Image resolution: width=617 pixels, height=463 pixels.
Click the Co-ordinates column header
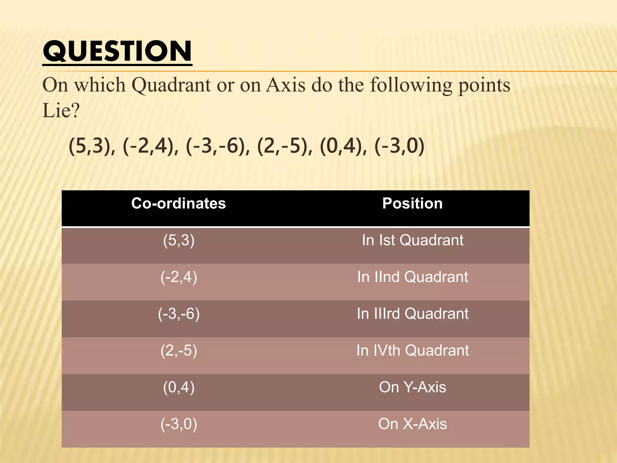pos(178,203)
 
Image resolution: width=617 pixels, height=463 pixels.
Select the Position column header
pos(412,203)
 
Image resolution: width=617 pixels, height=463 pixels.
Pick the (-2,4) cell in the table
pos(179,277)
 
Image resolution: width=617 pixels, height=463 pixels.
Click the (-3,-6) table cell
pos(179,314)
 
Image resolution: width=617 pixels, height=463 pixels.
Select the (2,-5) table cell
pos(179,351)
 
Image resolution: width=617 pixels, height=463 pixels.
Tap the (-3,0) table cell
pos(179,424)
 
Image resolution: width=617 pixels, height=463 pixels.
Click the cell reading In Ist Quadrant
pos(412,240)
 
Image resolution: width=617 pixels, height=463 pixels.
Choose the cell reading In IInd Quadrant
pos(412,277)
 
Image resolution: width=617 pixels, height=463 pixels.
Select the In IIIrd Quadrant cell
pos(412,314)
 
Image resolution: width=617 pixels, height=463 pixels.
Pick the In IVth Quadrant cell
pos(412,351)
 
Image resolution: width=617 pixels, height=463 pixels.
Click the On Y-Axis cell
pos(412,387)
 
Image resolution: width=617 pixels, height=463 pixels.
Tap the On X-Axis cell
pos(412,424)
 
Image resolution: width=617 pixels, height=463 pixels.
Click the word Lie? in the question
pos(61,111)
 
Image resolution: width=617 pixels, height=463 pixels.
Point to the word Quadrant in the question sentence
pos(171,85)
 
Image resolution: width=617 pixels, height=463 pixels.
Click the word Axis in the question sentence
pos(286,85)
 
